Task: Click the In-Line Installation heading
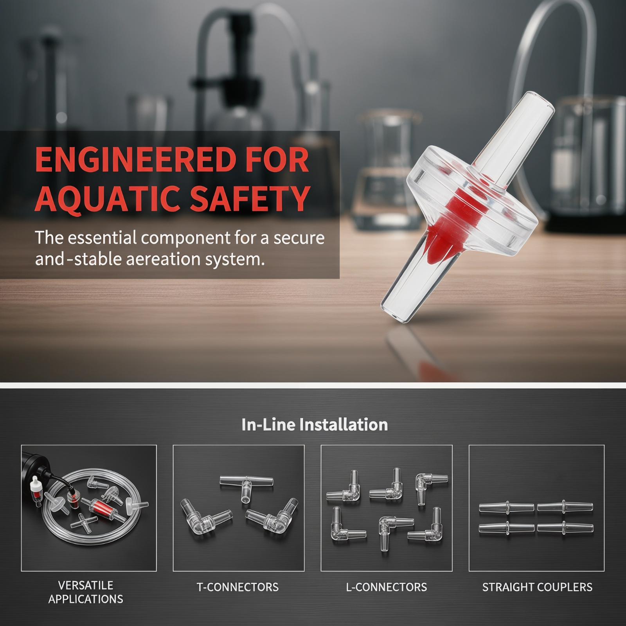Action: coord(315,425)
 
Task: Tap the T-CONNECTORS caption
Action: coord(237,587)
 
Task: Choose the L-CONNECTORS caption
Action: coord(386,587)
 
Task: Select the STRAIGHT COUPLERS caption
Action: coord(537,587)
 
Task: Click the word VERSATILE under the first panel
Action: coord(86,585)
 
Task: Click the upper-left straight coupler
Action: coord(506,507)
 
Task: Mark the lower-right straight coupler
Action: coord(565,528)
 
